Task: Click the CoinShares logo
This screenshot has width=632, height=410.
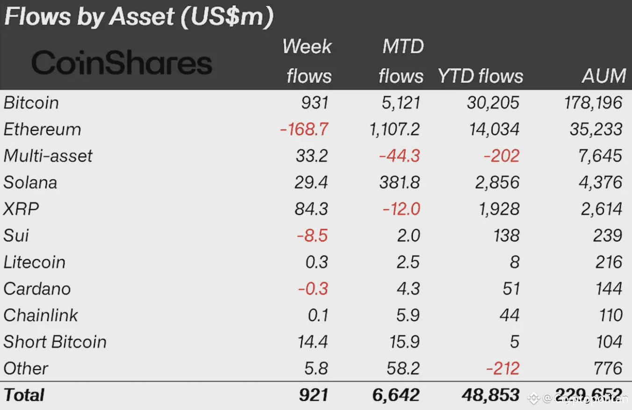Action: point(122,63)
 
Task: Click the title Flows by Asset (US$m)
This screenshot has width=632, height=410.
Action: point(138,17)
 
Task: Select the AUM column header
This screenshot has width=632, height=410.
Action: point(604,76)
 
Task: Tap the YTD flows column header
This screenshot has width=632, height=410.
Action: point(481,76)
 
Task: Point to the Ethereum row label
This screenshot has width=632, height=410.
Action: point(42,129)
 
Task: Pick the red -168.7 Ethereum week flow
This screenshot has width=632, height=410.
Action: point(304,129)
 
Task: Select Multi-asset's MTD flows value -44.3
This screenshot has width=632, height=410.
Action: point(399,156)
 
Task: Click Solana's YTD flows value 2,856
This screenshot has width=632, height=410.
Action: point(497,183)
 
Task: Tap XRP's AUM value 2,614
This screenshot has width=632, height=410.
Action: point(602,209)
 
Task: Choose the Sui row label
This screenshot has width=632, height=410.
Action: point(16,235)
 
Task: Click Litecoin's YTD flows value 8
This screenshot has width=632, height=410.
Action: point(514,262)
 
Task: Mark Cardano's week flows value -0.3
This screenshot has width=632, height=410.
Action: point(313,289)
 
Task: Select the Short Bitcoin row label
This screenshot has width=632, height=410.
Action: point(55,342)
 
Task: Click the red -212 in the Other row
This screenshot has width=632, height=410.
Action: point(503,368)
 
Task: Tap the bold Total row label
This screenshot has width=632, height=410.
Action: point(24,395)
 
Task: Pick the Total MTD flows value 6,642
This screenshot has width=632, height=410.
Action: point(396,395)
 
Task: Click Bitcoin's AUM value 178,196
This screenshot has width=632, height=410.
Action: point(593,103)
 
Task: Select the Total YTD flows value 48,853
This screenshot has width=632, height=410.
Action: point(491,395)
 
